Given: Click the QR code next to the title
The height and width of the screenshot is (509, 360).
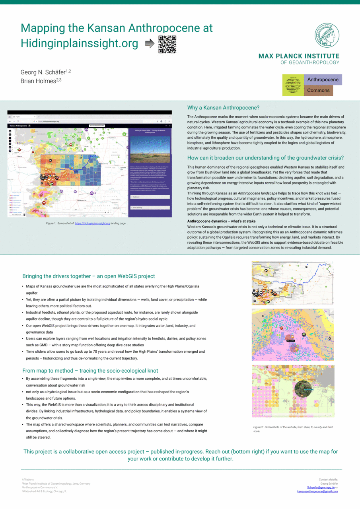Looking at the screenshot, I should click(x=167, y=44).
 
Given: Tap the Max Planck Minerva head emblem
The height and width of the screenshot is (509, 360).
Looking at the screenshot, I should click(x=327, y=37).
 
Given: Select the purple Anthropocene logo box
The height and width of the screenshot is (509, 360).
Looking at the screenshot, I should click(x=323, y=80).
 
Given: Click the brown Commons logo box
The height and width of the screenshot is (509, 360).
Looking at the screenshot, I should click(x=318, y=90).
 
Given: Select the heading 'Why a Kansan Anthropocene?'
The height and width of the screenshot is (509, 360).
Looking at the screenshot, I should click(x=223, y=108).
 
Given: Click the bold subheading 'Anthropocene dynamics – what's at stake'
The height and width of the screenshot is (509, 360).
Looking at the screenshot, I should click(x=221, y=221).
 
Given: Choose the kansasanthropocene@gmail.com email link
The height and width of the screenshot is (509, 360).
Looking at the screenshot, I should click(x=317, y=491).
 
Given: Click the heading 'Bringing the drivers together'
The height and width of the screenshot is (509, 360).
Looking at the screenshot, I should click(x=88, y=276).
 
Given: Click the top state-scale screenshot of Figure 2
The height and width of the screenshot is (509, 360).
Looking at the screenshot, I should click(x=292, y=283).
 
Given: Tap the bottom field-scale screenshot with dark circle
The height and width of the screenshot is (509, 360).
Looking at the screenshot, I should click(x=292, y=391).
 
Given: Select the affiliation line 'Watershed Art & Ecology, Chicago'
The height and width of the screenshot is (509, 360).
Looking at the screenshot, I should click(x=45, y=491).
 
